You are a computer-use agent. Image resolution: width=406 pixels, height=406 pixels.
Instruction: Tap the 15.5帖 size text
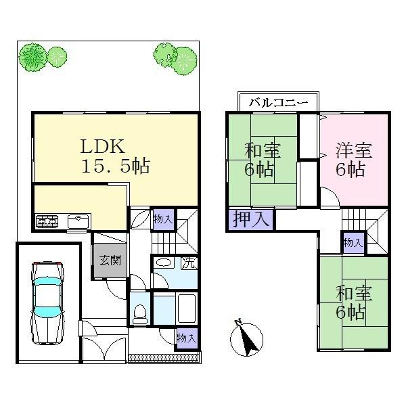click(116, 166)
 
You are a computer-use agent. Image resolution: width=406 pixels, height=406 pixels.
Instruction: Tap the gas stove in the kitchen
click(47, 221)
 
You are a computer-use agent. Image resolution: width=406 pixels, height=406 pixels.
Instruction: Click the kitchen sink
click(79, 221)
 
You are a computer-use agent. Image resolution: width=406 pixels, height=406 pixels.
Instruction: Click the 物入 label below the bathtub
click(186, 338)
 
